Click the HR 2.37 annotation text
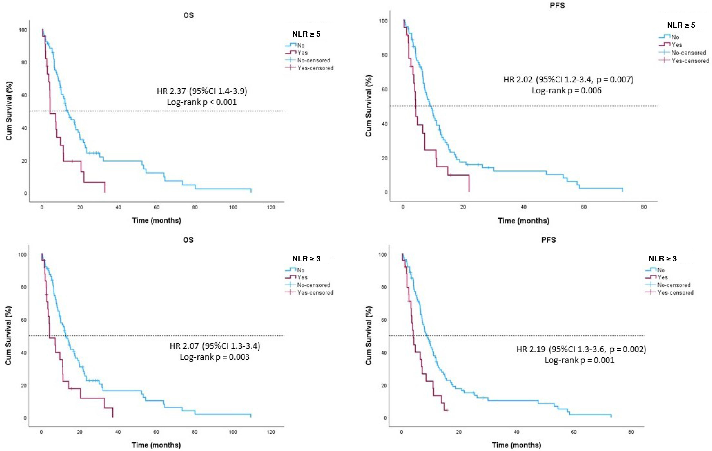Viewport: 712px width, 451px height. [202, 91]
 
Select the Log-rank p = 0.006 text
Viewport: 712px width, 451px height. [567, 90]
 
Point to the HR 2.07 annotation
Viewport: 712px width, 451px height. [215, 346]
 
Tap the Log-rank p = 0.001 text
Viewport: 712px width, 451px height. [579, 360]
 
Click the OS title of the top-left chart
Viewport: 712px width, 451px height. [189, 15]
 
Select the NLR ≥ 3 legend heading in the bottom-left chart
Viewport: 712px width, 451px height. [306, 259]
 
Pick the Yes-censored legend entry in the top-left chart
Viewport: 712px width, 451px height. [315, 68]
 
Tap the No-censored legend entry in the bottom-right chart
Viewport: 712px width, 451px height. [674, 285]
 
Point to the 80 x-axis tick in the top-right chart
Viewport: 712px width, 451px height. [644, 207]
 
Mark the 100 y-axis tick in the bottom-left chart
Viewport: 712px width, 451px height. [22, 255]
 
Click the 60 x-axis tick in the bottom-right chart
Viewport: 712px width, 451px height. [574, 432]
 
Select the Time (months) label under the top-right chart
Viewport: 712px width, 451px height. [523, 221]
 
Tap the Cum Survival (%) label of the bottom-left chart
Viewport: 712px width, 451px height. [9, 335]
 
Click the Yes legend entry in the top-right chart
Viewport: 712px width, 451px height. [677, 45]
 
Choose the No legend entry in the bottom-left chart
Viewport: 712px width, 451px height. [301, 270]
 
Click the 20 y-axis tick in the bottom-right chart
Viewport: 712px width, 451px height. [384, 386]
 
